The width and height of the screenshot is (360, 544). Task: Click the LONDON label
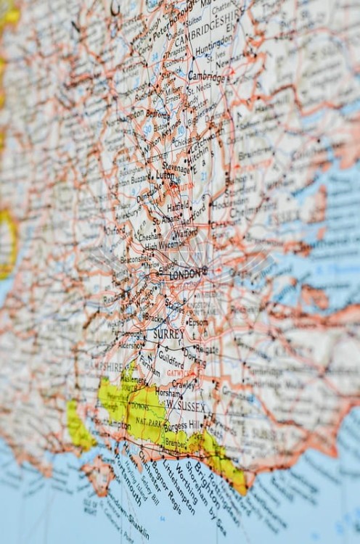point(188,276)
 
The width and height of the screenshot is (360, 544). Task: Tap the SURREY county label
point(168,334)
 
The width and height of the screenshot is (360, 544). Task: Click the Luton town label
point(166,176)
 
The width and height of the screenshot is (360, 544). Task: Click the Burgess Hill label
point(184,425)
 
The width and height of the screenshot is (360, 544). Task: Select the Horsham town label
point(167,392)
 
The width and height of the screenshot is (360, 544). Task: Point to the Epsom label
point(197,322)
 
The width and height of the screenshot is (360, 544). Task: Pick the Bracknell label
point(156,318)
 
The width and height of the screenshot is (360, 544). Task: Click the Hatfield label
point(178,206)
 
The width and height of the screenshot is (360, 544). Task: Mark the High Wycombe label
point(162,247)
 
